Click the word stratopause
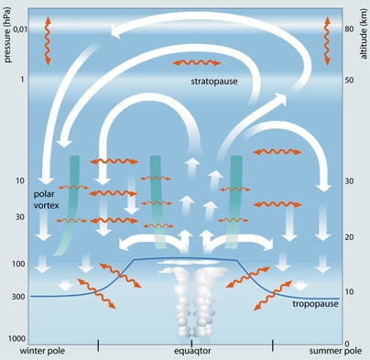click(x=214, y=82)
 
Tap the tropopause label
click(x=315, y=304)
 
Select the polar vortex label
click(x=46, y=200)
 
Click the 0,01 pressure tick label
click(x=20, y=29)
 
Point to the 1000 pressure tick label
click(x=16, y=338)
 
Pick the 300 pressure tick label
click(x=18, y=297)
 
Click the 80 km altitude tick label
click(x=349, y=29)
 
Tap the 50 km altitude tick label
click(x=349, y=80)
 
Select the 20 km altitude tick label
click(x=349, y=237)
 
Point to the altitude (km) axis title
click(x=364, y=36)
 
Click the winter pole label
click(x=42, y=351)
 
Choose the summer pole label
click(x=335, y=351)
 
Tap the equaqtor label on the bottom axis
click(x=192, y=351)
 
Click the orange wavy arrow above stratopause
click(x=197, y=63)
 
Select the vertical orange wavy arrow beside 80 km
click(x=327, y=41)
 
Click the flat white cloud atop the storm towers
click(x=188, y=262)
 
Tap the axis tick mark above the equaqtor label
click(x=191, y=344)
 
